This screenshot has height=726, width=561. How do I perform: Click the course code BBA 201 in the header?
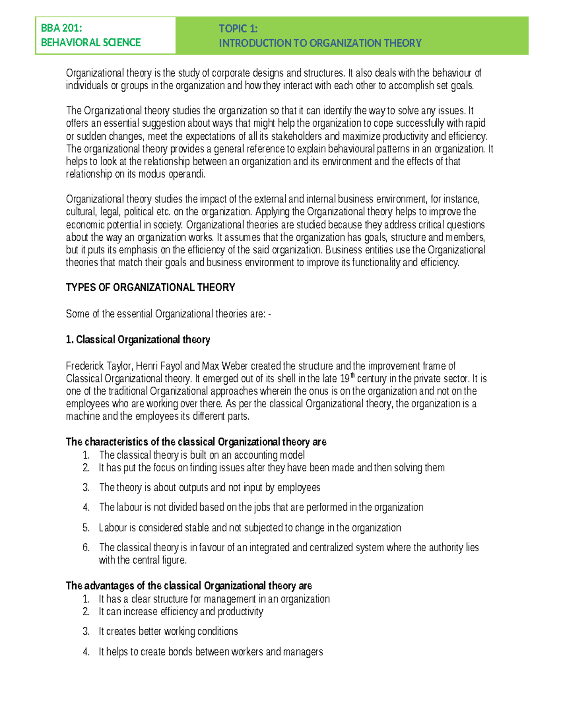coord(61,28)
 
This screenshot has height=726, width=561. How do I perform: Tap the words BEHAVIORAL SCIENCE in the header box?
coord(91,43)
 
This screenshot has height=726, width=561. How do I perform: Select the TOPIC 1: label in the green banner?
coord(238,29)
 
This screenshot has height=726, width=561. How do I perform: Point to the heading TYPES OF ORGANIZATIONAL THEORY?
coord(150,288)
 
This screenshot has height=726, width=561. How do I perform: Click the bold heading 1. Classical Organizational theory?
coord(138,339)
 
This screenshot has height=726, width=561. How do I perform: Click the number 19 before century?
coord(344,379)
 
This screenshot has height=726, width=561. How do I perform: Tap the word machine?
coord(83,417)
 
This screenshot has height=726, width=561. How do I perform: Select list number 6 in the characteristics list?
coord(86,547)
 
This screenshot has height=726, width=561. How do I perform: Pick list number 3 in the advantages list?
coord(86,632)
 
